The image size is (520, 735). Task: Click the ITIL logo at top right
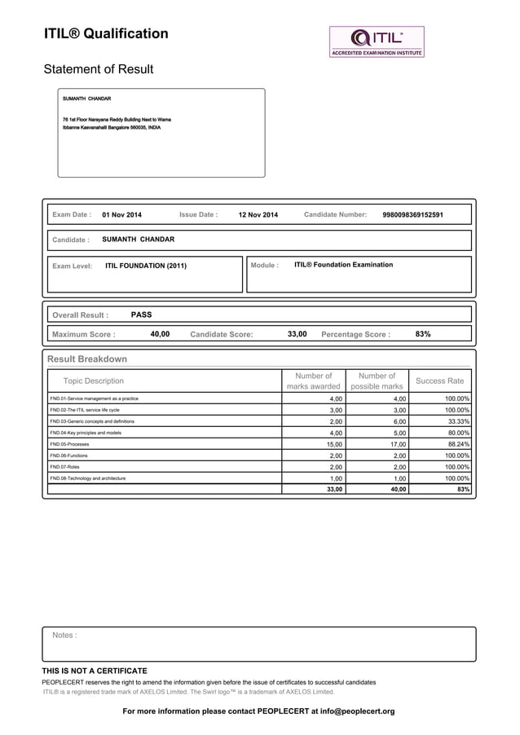[377, 41]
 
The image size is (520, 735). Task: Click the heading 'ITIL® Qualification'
[106, 34]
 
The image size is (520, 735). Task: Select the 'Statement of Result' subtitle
[98, 69]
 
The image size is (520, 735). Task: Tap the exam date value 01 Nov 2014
[121, 215]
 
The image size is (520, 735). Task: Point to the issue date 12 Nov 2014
[258, 215]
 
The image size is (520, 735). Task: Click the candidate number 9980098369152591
[412, 215]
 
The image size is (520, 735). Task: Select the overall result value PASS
[141, 315]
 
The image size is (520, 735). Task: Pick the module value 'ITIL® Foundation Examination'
[343, 265]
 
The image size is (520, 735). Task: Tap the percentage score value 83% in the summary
[423, 334]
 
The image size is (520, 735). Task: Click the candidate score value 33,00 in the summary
[297, 334]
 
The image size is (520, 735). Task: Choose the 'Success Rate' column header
[439, 381]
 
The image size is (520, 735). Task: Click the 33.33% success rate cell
[456, 421]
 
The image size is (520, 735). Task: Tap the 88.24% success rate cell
[456, 444]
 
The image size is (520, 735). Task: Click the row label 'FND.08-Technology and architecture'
[87, 478]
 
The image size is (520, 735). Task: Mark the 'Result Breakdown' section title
[87, 359]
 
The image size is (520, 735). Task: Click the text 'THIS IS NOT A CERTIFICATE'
[95, 671]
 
